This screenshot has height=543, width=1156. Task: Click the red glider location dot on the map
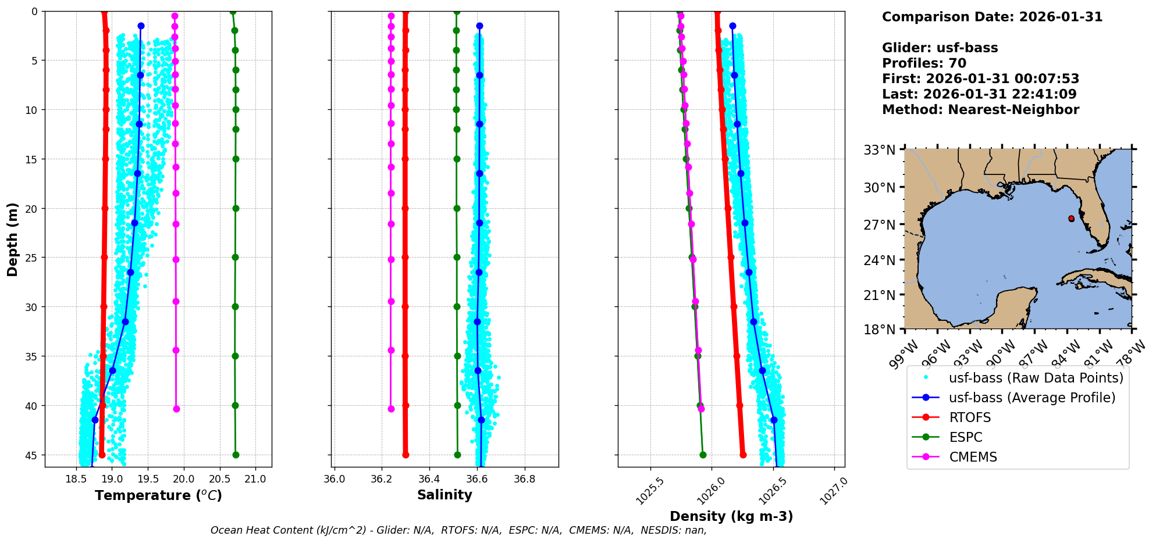pos(1071,219)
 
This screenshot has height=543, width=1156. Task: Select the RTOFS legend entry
pos(970,417)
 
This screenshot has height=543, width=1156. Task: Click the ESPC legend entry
pos(965,437)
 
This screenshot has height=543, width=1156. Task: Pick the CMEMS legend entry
pos(973,457)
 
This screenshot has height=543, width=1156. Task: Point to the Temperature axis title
pos(158,495)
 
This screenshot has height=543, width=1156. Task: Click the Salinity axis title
pos(444,495)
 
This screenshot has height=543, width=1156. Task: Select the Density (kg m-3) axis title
pos(731,516)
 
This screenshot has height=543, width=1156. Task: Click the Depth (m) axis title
pos(12,239)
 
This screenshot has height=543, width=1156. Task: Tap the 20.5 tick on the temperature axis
pos(220,479)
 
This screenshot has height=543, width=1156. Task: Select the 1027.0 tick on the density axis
pos(834,491)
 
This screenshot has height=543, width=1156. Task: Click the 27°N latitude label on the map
pos(879,224)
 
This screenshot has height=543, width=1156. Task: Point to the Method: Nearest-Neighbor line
pos(980,110)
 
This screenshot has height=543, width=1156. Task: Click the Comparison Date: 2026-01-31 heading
pos(992,17)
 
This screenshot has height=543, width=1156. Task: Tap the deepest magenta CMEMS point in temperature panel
pos(176,409)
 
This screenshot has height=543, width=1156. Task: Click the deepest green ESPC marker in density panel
pos(703,455)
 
